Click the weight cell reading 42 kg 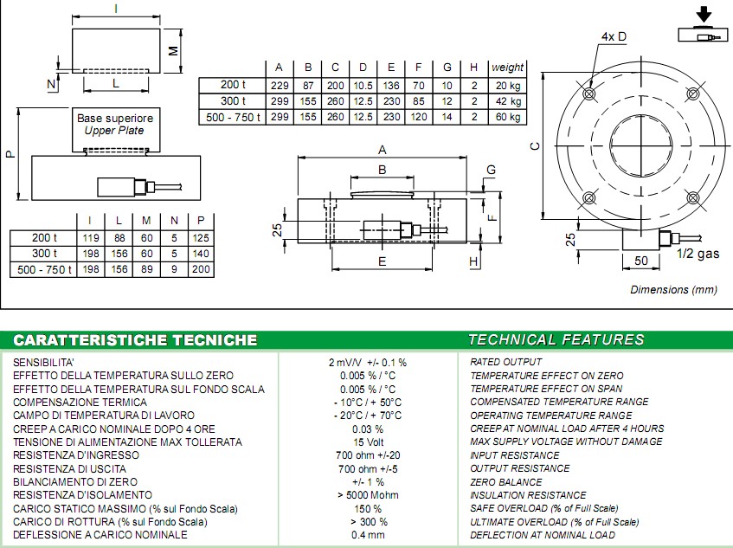coord(506,100)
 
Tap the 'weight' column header coord(507,68)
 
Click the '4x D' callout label coord(614,36)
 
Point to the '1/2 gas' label coord(697,254)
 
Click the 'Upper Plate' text coord(114,131)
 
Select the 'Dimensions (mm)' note coord(673,290)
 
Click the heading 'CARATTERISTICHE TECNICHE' coord(135,339)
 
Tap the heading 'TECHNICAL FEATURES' coord(556,339)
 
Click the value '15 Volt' coord(367,442)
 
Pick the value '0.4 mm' coord(367,535)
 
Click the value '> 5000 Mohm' coord(367,495)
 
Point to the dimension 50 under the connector coord(640,260)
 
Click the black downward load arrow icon coord(704,15)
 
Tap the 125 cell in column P coord(203,238)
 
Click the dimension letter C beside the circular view coord(536,145)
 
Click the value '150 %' coord(367,508)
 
